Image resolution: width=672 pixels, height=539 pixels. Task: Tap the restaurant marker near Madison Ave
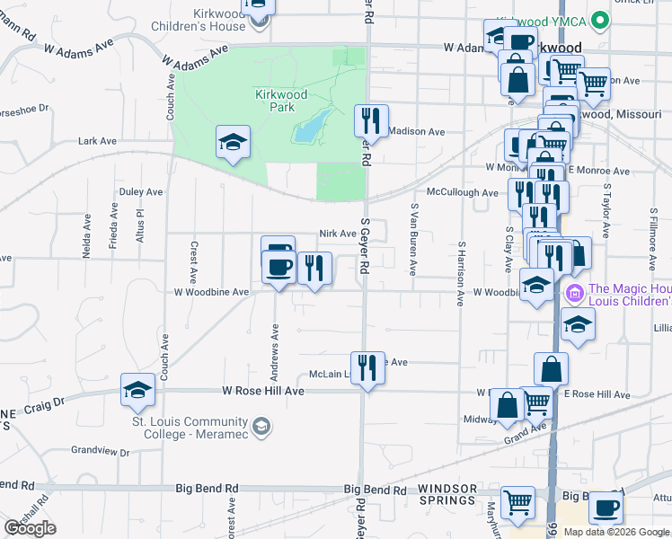pyautogui.click(x=370, y=120)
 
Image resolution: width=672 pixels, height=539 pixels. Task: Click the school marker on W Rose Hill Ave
pyautogui.click(x=137, y=389)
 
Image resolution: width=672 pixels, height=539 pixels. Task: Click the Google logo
pyautogui.click(x=30, y=528)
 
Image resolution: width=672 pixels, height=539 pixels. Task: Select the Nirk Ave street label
pyautogui.click(x=338, y=234)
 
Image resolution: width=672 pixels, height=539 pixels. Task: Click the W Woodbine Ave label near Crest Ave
pyautogui.click(x=211, y=292)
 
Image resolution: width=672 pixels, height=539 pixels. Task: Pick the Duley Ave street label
pyautogui.click(x=141, y=191)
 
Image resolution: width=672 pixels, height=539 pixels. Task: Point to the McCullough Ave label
pyautogui.click(x=462, y=193)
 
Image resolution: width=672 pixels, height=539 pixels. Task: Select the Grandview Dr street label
pyautogui.click(x=101, y=451)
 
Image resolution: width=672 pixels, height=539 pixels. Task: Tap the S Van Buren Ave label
pyautogui.click(x=414, y=239)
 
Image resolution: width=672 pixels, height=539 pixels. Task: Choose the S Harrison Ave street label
pyautogui.click(x=460, y=273)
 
